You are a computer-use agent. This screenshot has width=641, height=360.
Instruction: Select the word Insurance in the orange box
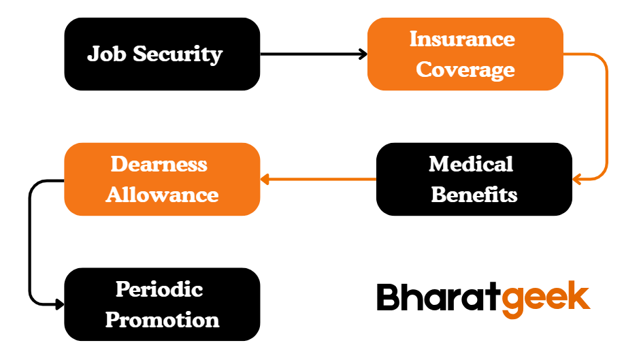pyautogui.click(x=462, y=39)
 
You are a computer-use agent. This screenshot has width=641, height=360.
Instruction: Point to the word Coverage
pyautogui.click(x=465, y=69)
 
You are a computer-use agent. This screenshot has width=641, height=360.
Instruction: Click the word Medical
pyautogui.click(x=471, y=164)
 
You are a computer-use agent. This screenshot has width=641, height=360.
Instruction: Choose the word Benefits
pyautogui.click(x=474, y=195)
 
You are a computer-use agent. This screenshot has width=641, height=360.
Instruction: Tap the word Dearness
pyautogui.click(x=159, y=164)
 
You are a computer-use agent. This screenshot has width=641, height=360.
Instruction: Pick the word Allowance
pyautogui.click(x=162, y=195)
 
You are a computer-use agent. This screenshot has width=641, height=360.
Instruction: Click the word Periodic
pyautogui.click(x=159, y=289)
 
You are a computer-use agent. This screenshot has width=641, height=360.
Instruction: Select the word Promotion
pyautogui.click(x=162, y=320)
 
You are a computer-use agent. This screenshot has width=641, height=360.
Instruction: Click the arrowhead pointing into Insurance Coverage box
pyautogui.click(x=363, y=54)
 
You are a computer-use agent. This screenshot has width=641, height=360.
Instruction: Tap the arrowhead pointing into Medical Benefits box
pyautogui.click(x=577, y=180)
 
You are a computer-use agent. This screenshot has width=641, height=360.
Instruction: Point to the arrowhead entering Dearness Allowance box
pyautogui.click(x=265, y=180)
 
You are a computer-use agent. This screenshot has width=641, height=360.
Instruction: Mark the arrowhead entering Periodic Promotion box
pyautogui.click(x=59, y=304)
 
